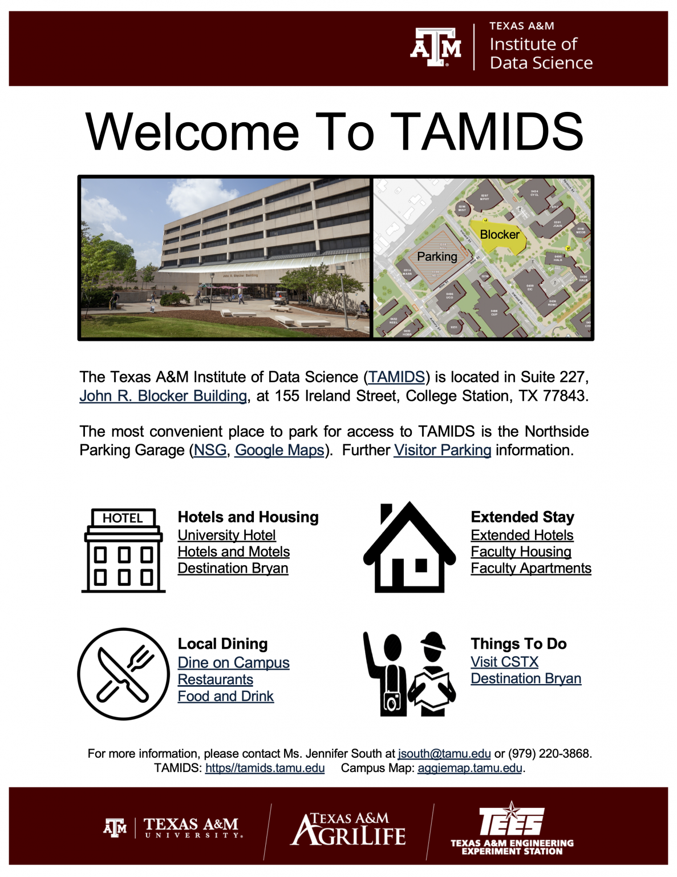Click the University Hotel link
coord(226,535)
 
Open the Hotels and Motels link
coord(233,552)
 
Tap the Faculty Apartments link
coord(530,568)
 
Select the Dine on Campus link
coord(233,662)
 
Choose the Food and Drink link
coord(225,696)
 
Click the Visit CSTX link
coord(504,662)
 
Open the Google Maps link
coord(279,450)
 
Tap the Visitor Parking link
coord(442,450)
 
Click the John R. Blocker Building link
coord(163,396)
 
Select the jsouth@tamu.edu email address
coord(444,754)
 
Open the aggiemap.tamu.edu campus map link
coord(469,768)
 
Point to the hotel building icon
coord(123,550)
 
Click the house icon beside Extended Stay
coord(410,548)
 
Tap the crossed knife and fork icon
coord(123,674)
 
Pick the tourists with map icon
coord(410,674)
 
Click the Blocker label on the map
coord(500,235)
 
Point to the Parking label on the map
coord(437,257)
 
